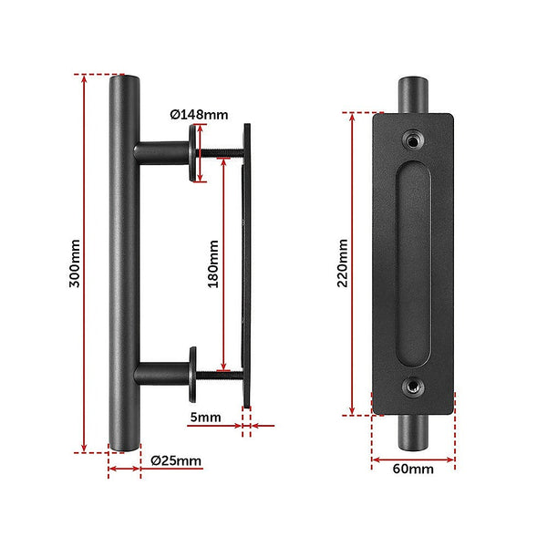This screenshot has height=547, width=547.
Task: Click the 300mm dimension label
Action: pyautogui.click(x=75, y=263)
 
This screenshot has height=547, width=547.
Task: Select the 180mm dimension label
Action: pyautogui.click(x=213, y=264)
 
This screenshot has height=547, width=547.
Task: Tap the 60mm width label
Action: pyautogui.click(x=412, y=471)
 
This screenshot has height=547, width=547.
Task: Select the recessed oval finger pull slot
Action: pyautogui.click(x=414, y=263)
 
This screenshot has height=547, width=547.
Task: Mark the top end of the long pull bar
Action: pyautogui.click(x=123, y=82)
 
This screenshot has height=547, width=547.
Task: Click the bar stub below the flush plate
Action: pyautogui.click(x=414, y=432)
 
